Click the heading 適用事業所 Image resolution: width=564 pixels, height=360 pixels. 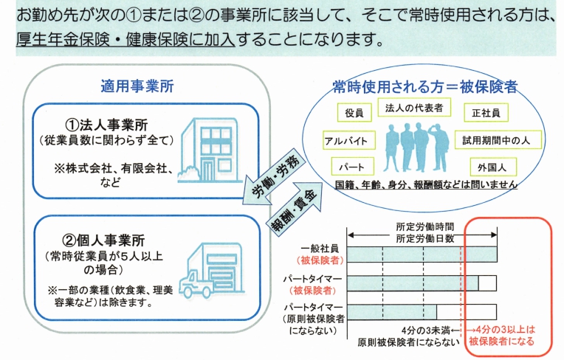137,86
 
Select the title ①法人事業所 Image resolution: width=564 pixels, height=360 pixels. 106,125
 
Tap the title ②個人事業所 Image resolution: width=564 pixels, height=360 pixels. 103,240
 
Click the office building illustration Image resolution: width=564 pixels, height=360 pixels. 210,150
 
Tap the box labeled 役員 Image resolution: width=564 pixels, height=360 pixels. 354,112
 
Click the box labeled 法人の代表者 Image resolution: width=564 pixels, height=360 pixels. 414,108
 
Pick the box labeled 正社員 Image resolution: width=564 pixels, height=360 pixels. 486,112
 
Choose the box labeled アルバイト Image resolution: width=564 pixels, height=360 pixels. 349,140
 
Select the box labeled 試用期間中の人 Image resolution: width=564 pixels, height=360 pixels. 498,139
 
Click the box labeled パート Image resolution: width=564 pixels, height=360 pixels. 353,167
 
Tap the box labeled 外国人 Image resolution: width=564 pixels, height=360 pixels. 493,167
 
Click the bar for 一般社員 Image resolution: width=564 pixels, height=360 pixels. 422,255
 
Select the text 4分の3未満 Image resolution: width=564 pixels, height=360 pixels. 426,330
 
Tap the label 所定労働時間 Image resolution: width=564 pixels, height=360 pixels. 424,226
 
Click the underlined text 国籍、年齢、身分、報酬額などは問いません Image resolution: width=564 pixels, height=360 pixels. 426,184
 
